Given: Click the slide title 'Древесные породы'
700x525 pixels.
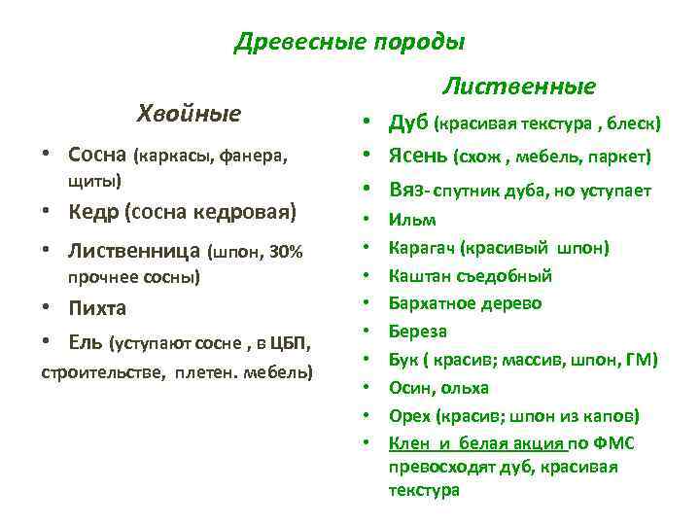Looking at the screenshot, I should tap(350, 43).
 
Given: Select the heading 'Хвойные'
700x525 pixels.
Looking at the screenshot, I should tap(190, 113).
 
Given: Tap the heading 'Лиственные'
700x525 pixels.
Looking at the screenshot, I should tap(519, 87).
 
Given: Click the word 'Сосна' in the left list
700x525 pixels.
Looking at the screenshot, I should tap(97, 155).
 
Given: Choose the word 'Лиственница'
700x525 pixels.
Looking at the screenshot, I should tap(135, 252).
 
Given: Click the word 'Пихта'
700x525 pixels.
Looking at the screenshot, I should tap(97, 308).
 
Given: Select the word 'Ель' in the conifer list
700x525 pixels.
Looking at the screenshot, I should tap(85, 342).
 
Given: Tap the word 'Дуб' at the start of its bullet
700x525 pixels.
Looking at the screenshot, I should tap(408, 123).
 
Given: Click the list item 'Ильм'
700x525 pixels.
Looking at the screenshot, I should tap(412, 220).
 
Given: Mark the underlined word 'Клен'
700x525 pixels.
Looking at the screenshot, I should tap(407, 443).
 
